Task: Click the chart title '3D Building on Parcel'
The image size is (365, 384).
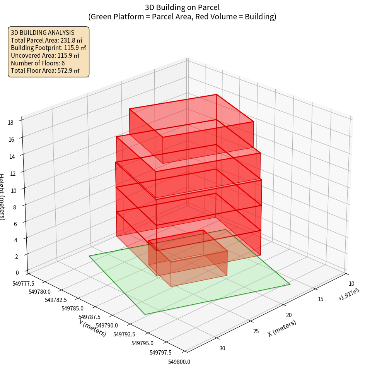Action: pyautogui.click(x=182, y=7)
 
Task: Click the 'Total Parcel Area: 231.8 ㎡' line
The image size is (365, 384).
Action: pyautogui.click(x=46, y=40)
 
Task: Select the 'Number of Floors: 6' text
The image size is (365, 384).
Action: pyautogui.click(x=38, y=63)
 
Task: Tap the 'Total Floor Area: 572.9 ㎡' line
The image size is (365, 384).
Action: pyautogui.click(x=45, y=70)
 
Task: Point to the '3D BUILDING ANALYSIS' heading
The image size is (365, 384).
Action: pyautogui.click(x=43, y=33)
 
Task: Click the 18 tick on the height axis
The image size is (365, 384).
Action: pyautogui.click(x=10, y=123)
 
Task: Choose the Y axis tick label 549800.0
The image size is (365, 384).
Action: pyautogui.click(x=179, y=362)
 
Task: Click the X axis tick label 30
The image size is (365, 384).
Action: pyautogui.click(x=222, y=348)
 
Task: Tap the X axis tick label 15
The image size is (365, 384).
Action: pyautogui.click(x=321, y=299)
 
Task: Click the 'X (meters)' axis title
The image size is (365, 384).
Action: pyautogui.click(x=282, y=328)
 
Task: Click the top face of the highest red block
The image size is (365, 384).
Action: pyautogui.click(x=191, y=115)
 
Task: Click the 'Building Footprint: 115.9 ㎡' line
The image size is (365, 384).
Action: pyautogui.click(x=48, y=48)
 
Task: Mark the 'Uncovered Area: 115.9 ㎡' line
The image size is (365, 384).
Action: pyautogui.click(x=44, y=55)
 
